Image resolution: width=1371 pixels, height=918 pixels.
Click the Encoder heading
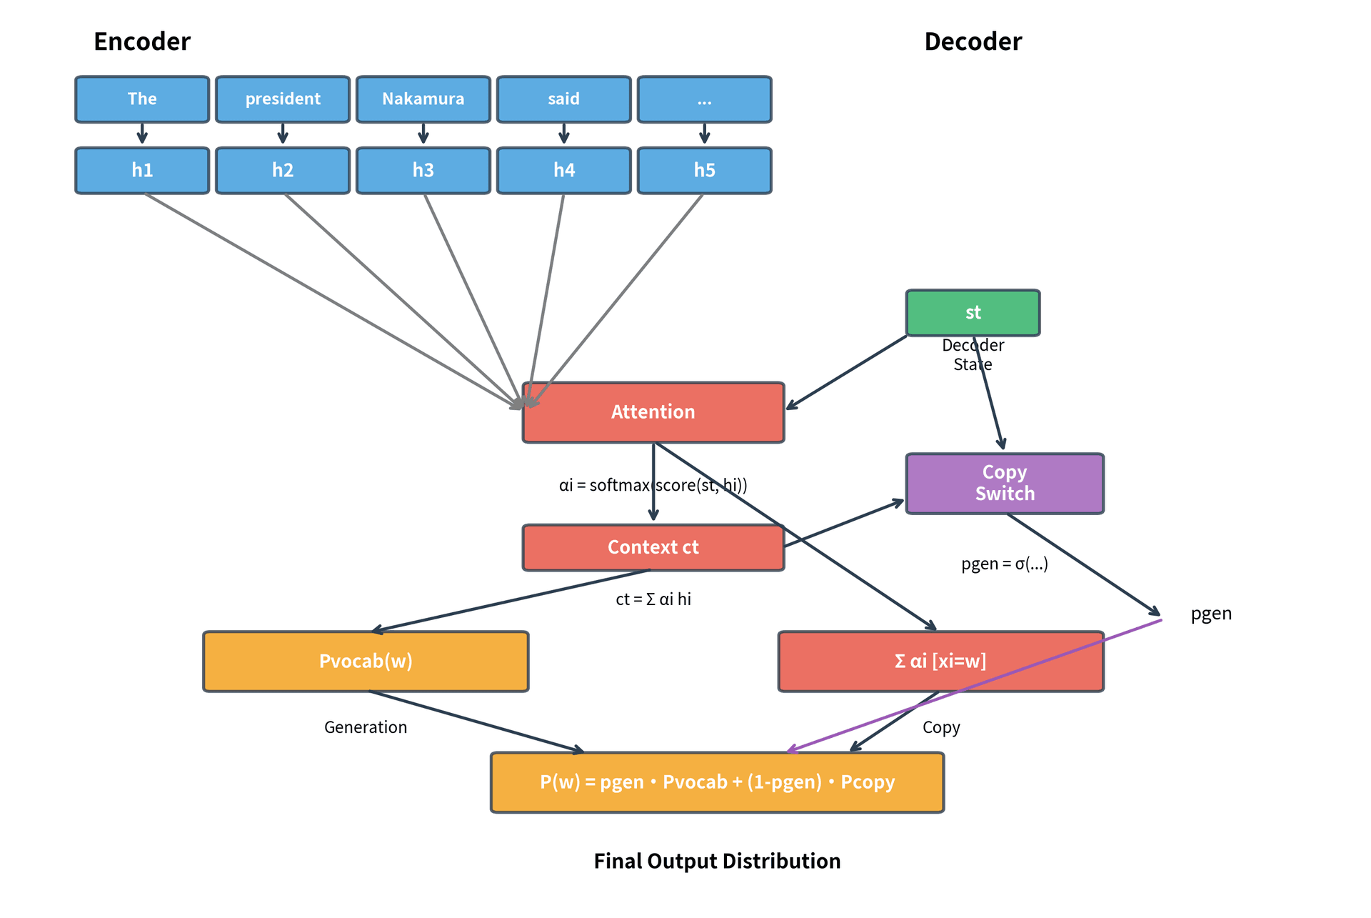[x=142, y=41]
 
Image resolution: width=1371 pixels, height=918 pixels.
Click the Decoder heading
[x=973, y=41]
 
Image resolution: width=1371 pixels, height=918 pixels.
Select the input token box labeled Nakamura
[x=423, y=99]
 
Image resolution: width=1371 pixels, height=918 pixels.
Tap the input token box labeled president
[x=283, y=99]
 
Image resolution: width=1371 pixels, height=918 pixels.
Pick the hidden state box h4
[x=563, y=171]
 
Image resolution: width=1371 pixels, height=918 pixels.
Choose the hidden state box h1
[x=142, y=171]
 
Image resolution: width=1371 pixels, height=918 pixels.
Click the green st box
[x=973, y=313]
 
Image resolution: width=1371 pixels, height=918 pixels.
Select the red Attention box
[x=653, y=412]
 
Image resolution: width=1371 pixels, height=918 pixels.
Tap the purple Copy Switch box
[x=1005, y=484]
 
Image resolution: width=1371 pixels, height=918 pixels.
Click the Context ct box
[x=653, y=547]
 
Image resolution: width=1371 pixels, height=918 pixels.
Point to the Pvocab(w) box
[x=366, y=662]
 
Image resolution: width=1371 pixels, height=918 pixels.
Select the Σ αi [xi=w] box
[x=940, y=662]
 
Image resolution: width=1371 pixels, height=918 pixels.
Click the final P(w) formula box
[x=717, y=782]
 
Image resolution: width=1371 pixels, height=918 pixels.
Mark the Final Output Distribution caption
[x=717, y=861]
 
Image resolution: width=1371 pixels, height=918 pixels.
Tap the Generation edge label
[x=366, y=727]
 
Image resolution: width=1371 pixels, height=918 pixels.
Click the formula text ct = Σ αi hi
[x=653, y=599]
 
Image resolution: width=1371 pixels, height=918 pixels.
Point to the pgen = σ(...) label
[x=1005, y=564]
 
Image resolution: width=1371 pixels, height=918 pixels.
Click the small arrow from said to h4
[x=563, y=134]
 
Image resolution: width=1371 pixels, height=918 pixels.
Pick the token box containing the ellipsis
[x=704, y=99]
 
